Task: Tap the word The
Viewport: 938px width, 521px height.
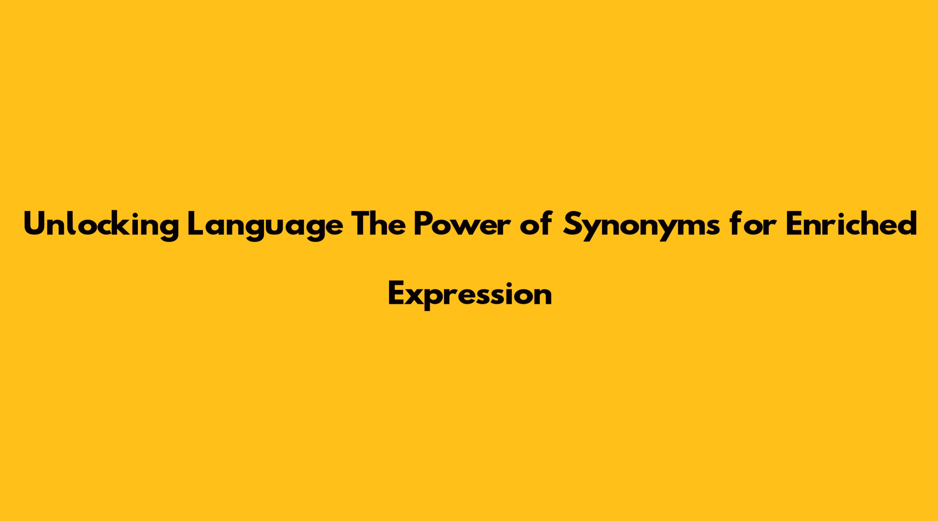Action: [379, 223]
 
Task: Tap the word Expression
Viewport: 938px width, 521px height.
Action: [470, 295]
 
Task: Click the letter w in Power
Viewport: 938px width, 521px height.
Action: [469, 226]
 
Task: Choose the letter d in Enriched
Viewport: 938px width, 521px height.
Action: [906, 223]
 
